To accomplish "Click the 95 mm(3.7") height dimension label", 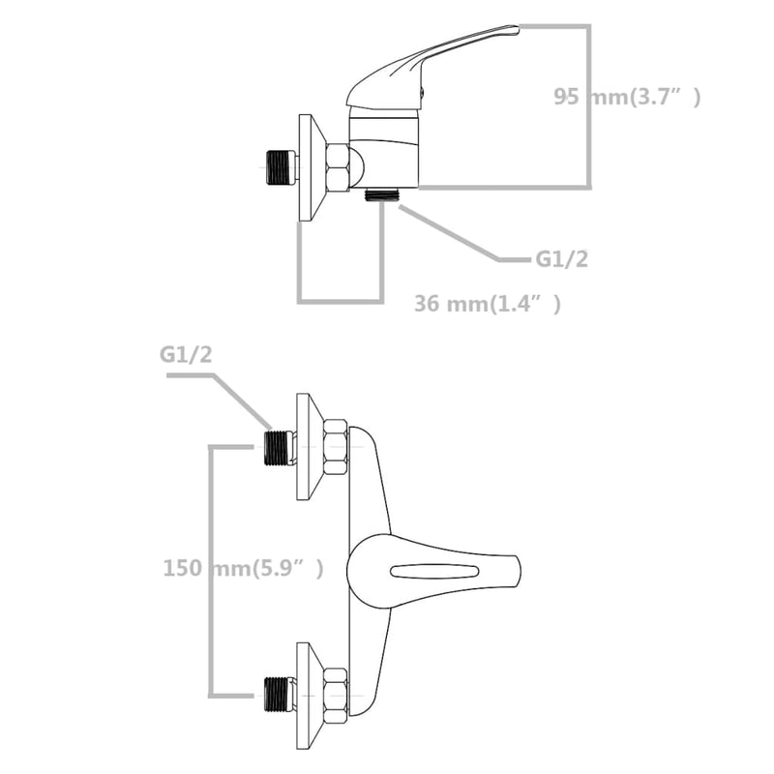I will point(626,96).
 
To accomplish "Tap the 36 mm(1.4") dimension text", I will point(487,304).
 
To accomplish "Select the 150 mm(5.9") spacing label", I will point(243,568).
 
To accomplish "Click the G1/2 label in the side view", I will point(562,259).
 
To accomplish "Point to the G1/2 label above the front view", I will point(186,356).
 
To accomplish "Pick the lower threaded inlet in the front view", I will point(279,694).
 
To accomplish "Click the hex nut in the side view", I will point(339,166).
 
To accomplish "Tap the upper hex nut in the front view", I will point(335,447).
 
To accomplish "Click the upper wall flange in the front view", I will point(306,447).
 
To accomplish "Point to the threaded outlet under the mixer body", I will point(381,193).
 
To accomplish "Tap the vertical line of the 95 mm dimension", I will point(588,106).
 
